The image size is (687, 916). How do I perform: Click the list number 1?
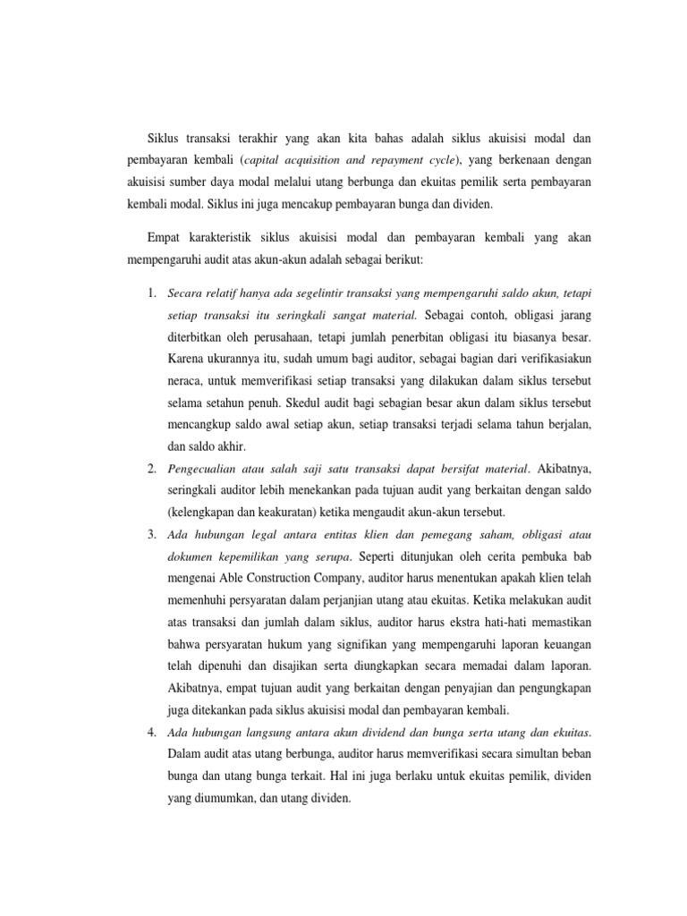pyautogui.click(x=152, y=293)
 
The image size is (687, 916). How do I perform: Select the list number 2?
pyautogui.click(x=152, y=468)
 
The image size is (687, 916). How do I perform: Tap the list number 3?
pyautogui.click(x=152, y=535)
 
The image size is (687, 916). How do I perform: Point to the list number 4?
pyautogui.click(x=152, y=732)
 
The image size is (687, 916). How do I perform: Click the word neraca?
pyautogui.click(x=185, y=381)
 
